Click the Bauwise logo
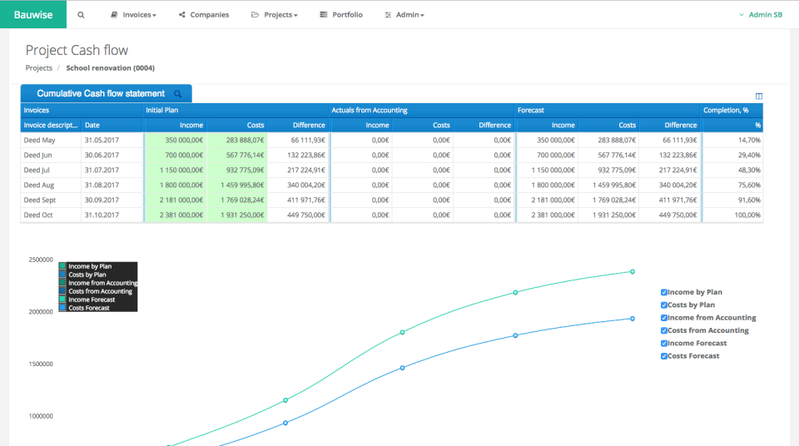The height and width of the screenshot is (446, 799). [x=32, y=14]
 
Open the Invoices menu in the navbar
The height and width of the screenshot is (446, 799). [x=133, y=15]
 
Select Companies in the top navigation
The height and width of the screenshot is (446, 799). [x=204, y=15]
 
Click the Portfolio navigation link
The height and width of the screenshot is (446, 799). [x=341, y=15]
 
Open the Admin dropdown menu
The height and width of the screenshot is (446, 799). [x=404, y=15]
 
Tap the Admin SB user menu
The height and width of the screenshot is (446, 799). [x=761, y=15]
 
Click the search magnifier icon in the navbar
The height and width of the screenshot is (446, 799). [x=81, y=15]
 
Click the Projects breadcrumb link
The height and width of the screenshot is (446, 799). [x=39, y=68]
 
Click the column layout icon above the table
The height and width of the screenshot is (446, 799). [x=758, y=97]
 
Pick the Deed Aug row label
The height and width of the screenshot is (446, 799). [x=39, y=186]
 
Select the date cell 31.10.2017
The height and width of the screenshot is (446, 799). [x=102, y=216]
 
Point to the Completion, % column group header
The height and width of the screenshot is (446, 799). [x=726, y=110]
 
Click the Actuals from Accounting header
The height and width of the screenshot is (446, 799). [x=369, y=110]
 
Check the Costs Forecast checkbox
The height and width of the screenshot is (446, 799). [x=664, y=356]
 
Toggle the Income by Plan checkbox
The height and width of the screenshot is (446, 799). [x=664, y=293]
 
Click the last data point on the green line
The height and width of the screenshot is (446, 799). [x=633, y=271]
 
